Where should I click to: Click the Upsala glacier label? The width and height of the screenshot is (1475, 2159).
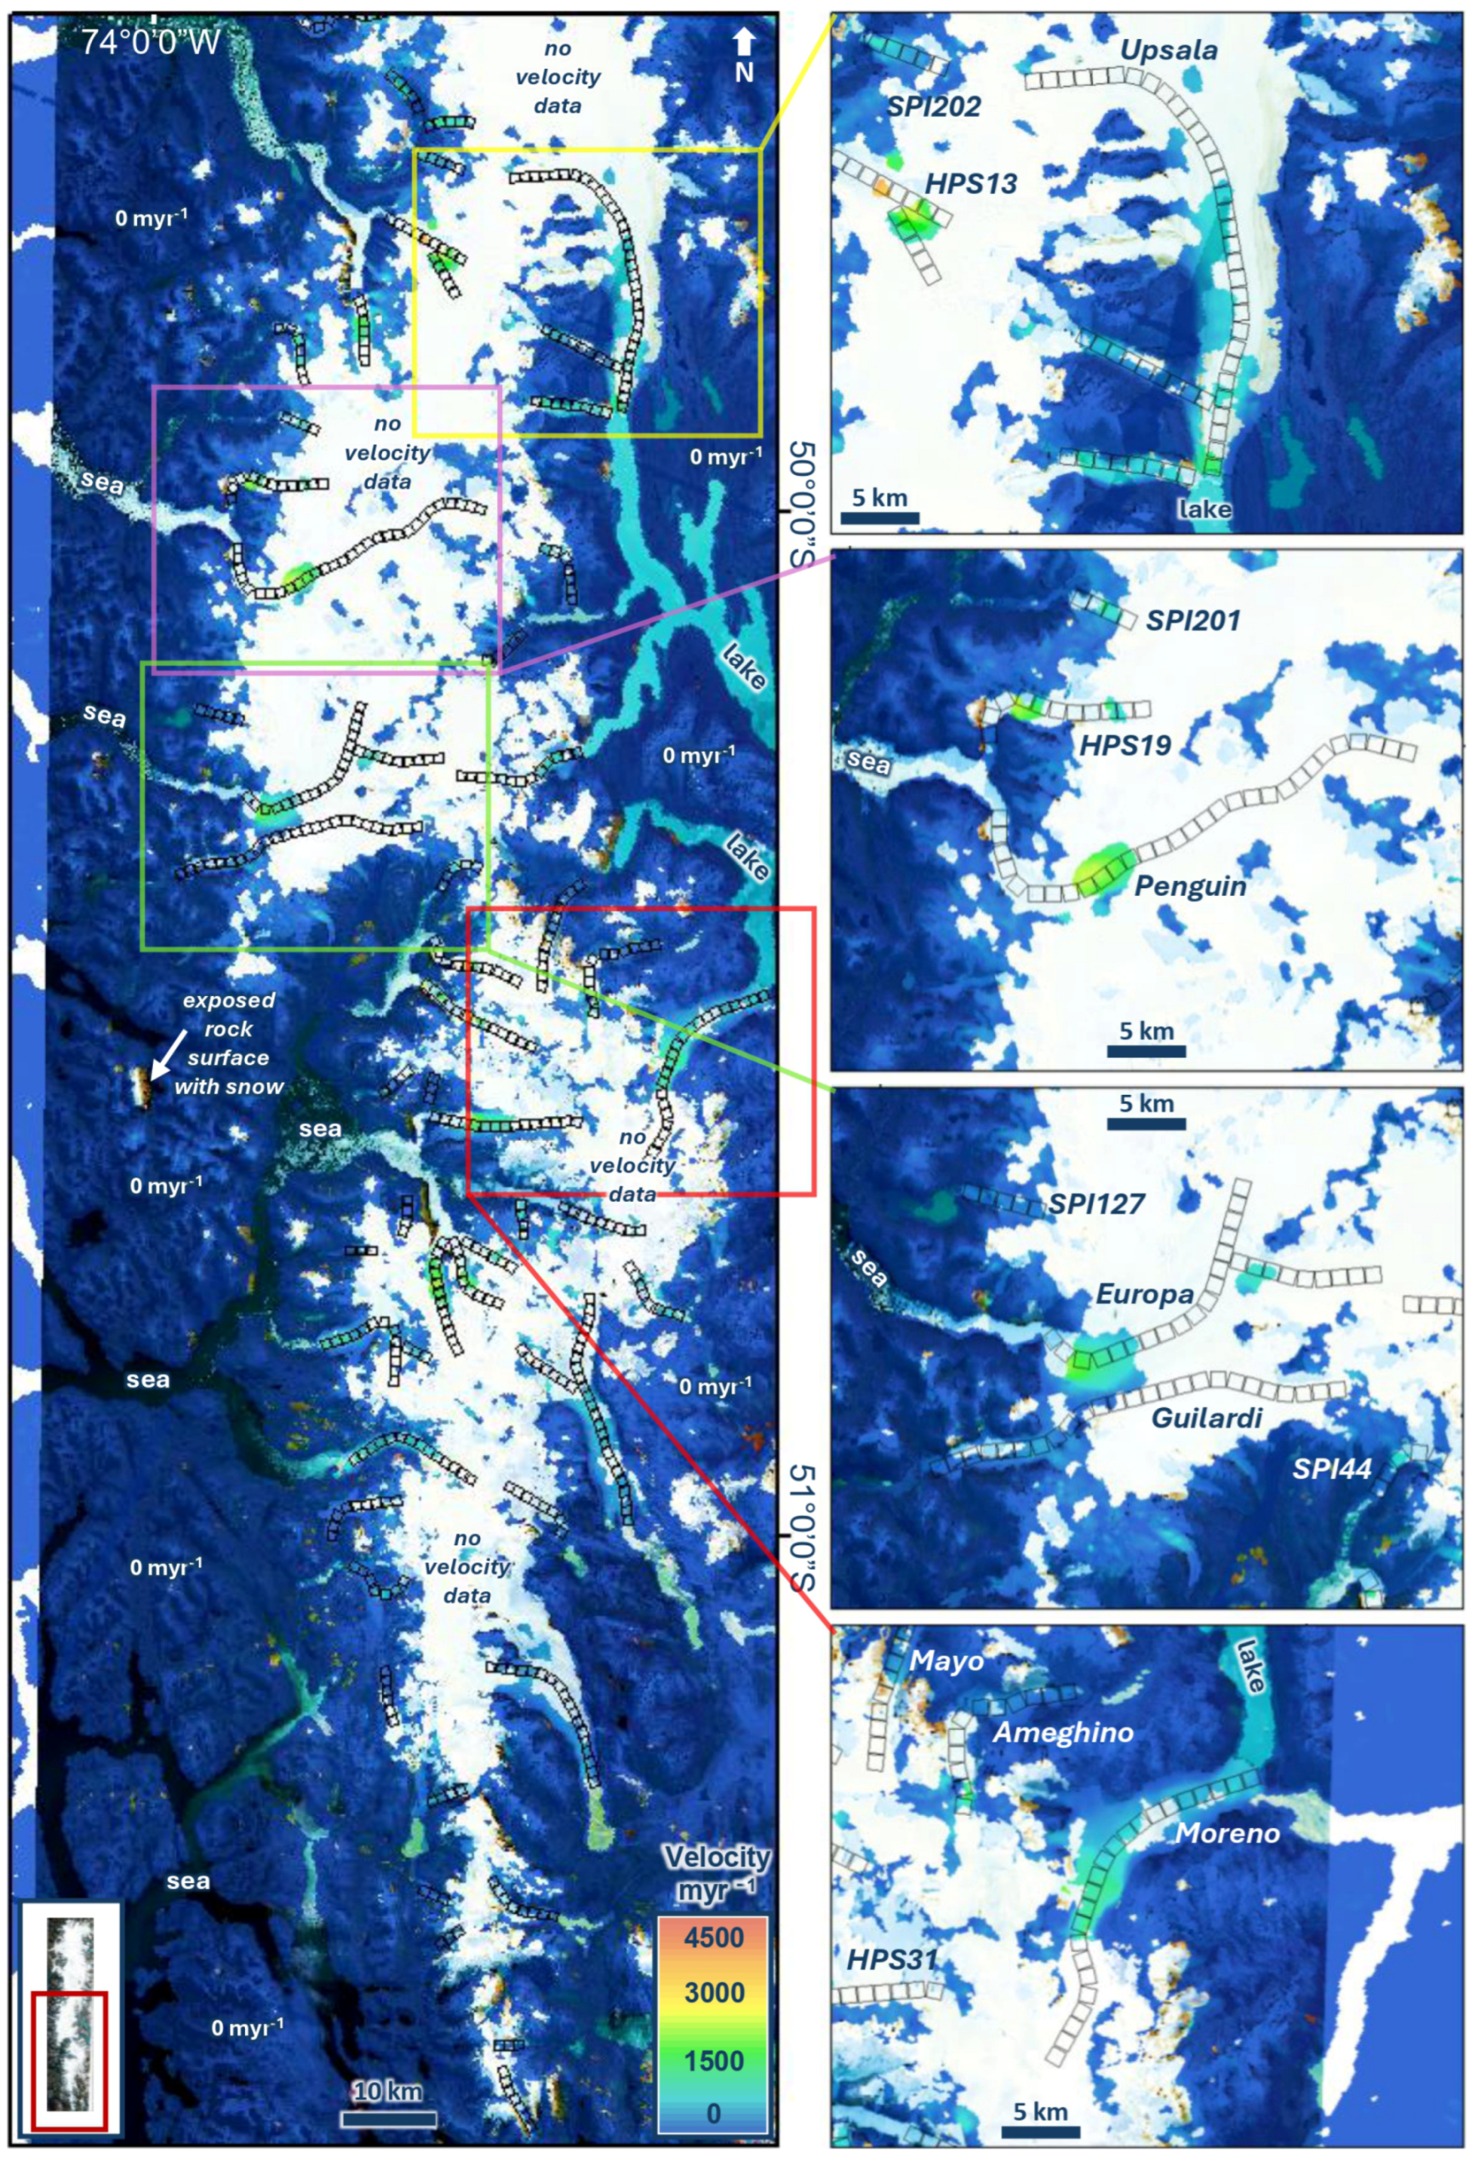click(1169, 50)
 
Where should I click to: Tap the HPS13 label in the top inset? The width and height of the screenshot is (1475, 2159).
click(972, 184)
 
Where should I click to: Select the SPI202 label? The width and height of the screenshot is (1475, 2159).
click(934, 106)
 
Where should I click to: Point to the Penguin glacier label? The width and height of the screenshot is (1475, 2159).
click(1190, 885)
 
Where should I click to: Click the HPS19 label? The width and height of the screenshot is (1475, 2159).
click(1125, 744)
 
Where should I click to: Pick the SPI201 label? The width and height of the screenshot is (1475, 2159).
click(1192, 620)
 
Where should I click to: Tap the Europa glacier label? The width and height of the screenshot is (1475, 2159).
click(1144, 1294)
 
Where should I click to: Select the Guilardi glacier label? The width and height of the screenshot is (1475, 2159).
click(1207, 1417)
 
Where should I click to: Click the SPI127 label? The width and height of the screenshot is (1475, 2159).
click(1096, 1204)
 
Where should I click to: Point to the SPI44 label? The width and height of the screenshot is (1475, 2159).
click(1332, 1469)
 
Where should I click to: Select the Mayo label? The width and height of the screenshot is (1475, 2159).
click(946, 1660)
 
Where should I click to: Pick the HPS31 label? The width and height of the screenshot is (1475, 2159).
click(891, 1959)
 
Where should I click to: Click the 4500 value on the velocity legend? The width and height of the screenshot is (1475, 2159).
click(713, 1937)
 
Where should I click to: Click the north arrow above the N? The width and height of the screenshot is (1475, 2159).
click(743, 43)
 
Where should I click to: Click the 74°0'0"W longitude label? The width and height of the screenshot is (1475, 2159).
click(151, 42)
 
